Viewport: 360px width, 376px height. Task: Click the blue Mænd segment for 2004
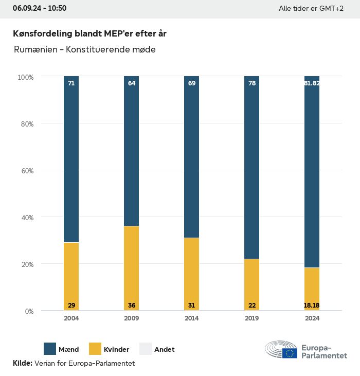coord(71,159)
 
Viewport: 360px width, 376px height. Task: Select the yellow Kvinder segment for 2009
coord(131,268)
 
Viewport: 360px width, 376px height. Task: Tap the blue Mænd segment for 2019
coord(251,167)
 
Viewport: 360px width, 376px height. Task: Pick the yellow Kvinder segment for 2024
coord(312,288)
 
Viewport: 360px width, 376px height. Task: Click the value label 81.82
coord(312,83)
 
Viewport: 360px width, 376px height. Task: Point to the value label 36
coord(132,306)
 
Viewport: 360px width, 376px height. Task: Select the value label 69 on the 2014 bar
coord(192,83)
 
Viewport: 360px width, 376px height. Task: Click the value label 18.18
coord(312,306)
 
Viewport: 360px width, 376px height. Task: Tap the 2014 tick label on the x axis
coord(192,318)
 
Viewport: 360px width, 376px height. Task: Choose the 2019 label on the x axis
coord(252,318)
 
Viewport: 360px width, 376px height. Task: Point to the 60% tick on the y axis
coord(26,171)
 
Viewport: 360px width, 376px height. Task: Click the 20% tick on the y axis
coord(26,264)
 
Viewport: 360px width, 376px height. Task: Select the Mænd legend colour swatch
coord(50,349)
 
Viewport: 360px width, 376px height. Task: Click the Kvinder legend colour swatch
coord(96,349)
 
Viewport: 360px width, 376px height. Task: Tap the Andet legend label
coord(165,349)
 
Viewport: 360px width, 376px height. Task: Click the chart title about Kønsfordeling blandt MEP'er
coord(89,33)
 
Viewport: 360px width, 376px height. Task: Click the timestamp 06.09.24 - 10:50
coord(40,8)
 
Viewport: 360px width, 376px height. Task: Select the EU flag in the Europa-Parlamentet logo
coord(290,353)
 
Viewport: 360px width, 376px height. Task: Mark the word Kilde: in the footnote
coord(22,363)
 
